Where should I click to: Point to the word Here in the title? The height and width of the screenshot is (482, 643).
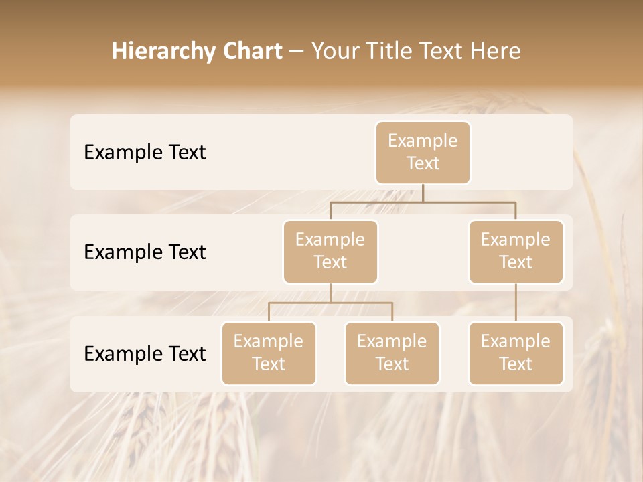tap(498, 51)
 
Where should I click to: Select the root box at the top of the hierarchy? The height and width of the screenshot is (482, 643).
tap(423, 153)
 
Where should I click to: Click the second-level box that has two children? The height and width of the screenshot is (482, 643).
tap(330, 252)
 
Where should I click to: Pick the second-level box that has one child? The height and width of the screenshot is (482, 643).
tap(516, 252)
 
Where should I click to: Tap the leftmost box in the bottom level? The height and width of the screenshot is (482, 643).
tap(269, 353)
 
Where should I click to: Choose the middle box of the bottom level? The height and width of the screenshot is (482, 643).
tap(392, 353)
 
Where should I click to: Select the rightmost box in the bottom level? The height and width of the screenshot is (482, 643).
tap(516, 353)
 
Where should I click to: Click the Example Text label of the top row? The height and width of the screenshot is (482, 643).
tap(145, 153)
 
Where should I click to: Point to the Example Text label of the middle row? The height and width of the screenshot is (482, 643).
tap(145, 252)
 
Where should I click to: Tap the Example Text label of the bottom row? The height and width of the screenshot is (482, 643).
tap(145, 353)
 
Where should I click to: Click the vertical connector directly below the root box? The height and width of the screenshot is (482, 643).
tap(423, 193)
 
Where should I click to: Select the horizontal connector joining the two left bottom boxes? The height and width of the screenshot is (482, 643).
tap(330, 303)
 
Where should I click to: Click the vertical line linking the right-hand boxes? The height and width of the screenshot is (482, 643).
tap(516, 303)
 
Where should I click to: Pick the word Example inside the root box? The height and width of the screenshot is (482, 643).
tap(423, 141)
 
